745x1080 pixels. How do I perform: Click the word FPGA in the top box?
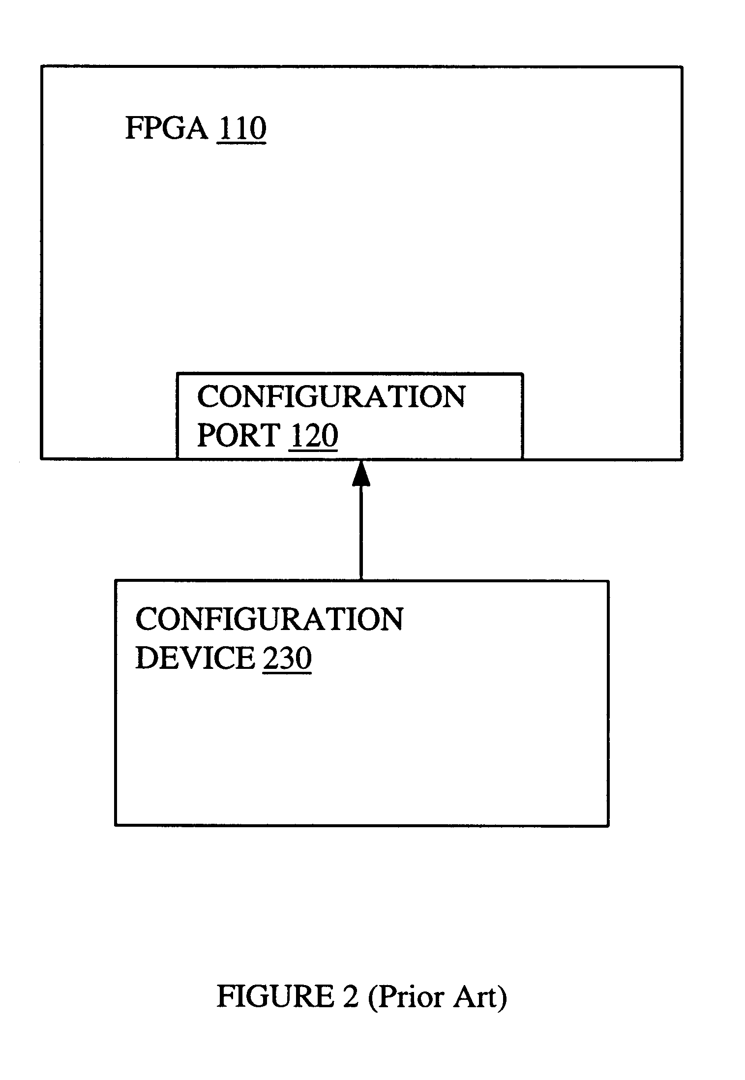166,128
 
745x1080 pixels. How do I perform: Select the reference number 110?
241,128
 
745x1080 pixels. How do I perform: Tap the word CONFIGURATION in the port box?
331,397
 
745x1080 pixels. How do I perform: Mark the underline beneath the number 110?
241,143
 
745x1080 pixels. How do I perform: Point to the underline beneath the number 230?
287,673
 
